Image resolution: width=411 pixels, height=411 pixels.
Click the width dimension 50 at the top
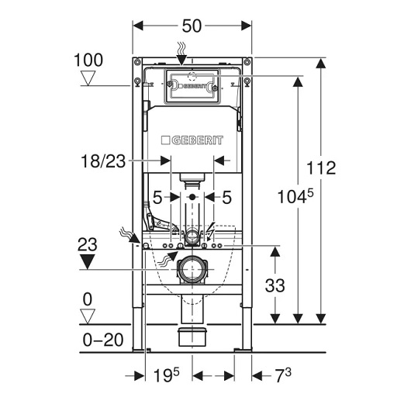(192, 26)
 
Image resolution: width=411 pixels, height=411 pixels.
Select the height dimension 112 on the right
(321, 168)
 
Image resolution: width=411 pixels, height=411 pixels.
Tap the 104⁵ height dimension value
(295, 196)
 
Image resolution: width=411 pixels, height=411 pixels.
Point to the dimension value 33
(275, 285)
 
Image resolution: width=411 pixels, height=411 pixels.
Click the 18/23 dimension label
(103, 161)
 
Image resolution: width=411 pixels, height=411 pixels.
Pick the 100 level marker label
(88, 60)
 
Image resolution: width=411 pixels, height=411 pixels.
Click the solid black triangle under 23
(87, 261)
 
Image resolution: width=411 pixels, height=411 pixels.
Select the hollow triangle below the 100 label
(88, 78)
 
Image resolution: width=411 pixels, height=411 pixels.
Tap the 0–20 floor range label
(103, 340)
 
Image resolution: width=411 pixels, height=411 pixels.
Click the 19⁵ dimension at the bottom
(166, 375)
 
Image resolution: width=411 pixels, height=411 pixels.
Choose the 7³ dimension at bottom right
(283, 375)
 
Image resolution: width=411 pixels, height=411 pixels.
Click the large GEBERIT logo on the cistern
(192, 140)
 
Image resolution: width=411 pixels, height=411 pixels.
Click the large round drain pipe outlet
(192, 270)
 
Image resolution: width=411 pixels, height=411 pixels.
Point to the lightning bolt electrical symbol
(211, 231)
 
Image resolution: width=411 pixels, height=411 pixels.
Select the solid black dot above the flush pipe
(192, 197)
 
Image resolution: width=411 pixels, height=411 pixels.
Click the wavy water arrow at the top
(181, 54)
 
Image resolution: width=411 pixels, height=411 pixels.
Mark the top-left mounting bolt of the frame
(137, 62)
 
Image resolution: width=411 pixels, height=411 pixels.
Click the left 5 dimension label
(157, 198)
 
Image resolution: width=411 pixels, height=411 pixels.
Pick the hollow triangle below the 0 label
(88, 316)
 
